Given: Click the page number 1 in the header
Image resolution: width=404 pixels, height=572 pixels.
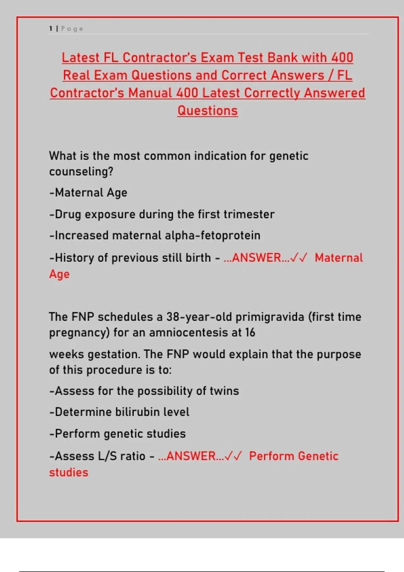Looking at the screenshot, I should pos(50,29).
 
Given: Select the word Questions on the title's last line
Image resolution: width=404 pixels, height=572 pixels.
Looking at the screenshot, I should pos(207,110).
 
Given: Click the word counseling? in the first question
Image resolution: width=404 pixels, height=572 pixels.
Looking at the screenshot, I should pos(81,172).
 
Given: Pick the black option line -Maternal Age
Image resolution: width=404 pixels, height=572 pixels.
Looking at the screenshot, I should pos(88,193).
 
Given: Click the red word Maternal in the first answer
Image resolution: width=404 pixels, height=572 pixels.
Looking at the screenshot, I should pos(339,258).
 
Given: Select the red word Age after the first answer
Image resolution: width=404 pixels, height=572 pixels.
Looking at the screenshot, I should pos(59,274).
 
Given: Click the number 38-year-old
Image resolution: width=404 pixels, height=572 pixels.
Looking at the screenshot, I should pos(199,317).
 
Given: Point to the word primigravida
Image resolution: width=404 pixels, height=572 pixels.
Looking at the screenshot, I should pos(270,317).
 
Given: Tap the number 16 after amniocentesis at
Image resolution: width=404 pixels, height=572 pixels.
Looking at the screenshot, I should pos(250,333).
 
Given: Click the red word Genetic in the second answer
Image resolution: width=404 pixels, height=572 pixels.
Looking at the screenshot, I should pos(318,456).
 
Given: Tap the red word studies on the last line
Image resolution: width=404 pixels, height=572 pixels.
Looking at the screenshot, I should pos(69,473).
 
